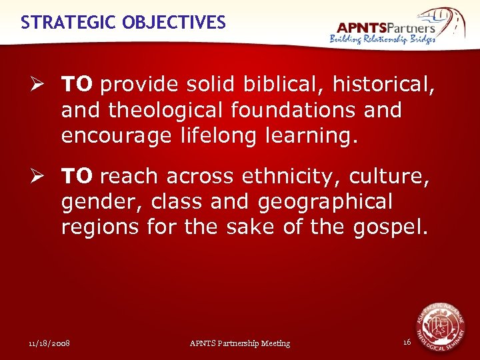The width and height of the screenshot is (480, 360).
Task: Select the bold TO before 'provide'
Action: [77, 85]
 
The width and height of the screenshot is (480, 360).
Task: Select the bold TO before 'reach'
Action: [77, 177]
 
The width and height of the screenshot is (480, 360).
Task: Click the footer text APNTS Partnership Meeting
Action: [240, 343]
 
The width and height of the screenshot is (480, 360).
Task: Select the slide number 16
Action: [407, 342]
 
